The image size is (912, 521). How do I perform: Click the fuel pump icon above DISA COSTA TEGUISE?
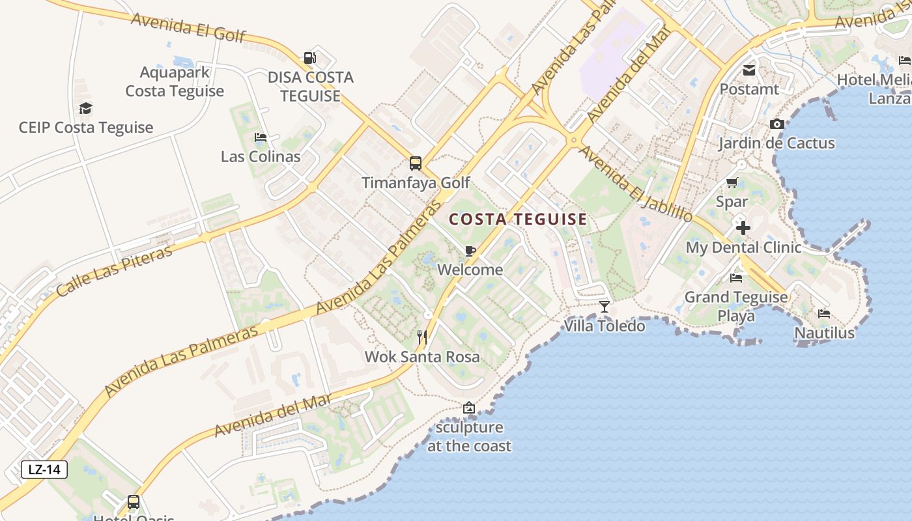tap(310, 58)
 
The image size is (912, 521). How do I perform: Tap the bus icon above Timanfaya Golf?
tap(415, 163)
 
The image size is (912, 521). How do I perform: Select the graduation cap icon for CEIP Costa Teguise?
tap(85, 108)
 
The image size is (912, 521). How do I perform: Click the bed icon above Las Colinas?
tap(261, 137)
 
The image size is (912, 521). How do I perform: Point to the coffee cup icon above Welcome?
tap(470, 251)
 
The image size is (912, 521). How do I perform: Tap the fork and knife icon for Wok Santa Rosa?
tap(422, 337)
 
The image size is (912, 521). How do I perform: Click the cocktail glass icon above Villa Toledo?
tap(605, 306)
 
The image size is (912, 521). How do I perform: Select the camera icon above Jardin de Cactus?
tap(777, 124)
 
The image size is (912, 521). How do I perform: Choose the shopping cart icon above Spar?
tap(732, 183)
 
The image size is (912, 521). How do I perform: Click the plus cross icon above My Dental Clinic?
tap(743, 228)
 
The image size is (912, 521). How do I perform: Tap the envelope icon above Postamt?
tap(749, 70)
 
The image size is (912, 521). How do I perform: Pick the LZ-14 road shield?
tap(44, 470)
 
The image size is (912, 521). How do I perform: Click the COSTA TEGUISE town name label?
tap(518, 219)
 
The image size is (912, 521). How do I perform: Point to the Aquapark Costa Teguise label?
tap(175, 81)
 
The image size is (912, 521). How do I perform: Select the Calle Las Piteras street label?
tap(115, 271)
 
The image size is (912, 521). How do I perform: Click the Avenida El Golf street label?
tap(188, 27)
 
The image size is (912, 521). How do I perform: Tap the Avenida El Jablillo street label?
tap(635, 183)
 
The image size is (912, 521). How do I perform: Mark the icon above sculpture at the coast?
tap(468, 408)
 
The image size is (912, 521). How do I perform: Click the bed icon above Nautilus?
tap(824, 314)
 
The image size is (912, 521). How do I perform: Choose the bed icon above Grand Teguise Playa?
tap(736, 278)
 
